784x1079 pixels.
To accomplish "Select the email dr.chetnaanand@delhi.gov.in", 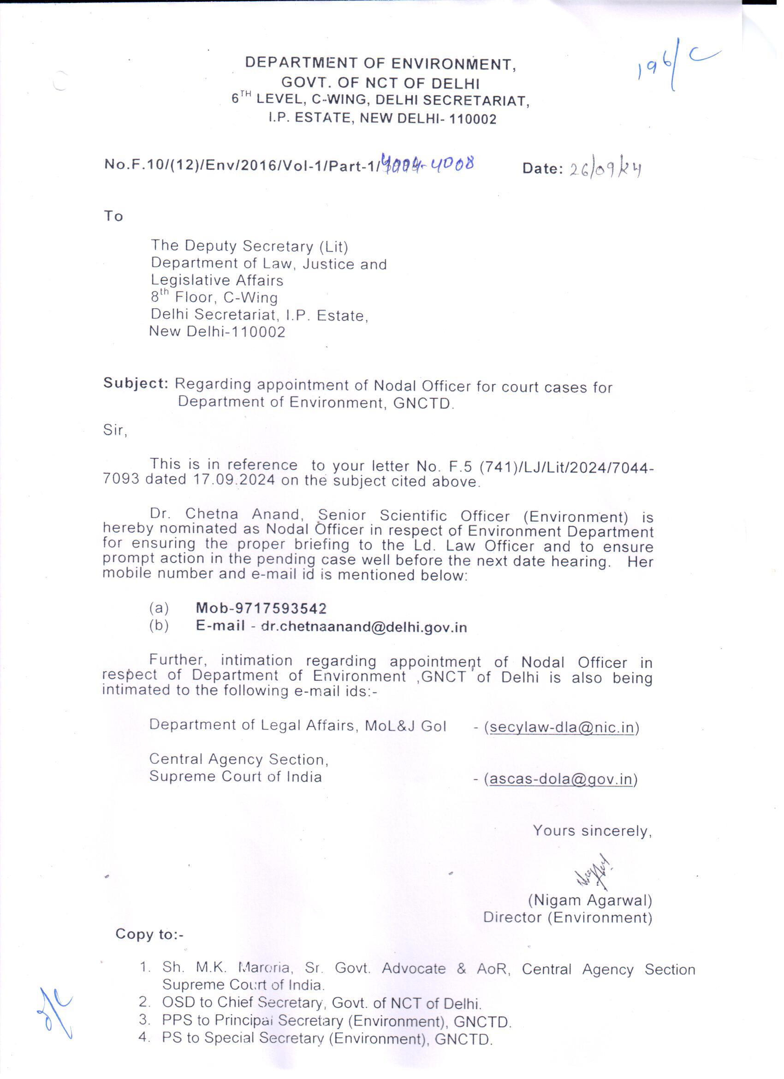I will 365,627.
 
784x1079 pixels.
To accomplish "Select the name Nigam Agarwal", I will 590,900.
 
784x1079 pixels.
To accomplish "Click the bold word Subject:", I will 136,384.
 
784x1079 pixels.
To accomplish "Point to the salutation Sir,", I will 115,431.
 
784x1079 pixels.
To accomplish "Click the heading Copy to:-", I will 149,935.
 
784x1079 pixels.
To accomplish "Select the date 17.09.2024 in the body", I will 234,480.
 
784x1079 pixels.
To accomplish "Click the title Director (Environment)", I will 567,917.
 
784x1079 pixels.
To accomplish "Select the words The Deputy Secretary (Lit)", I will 249,246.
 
